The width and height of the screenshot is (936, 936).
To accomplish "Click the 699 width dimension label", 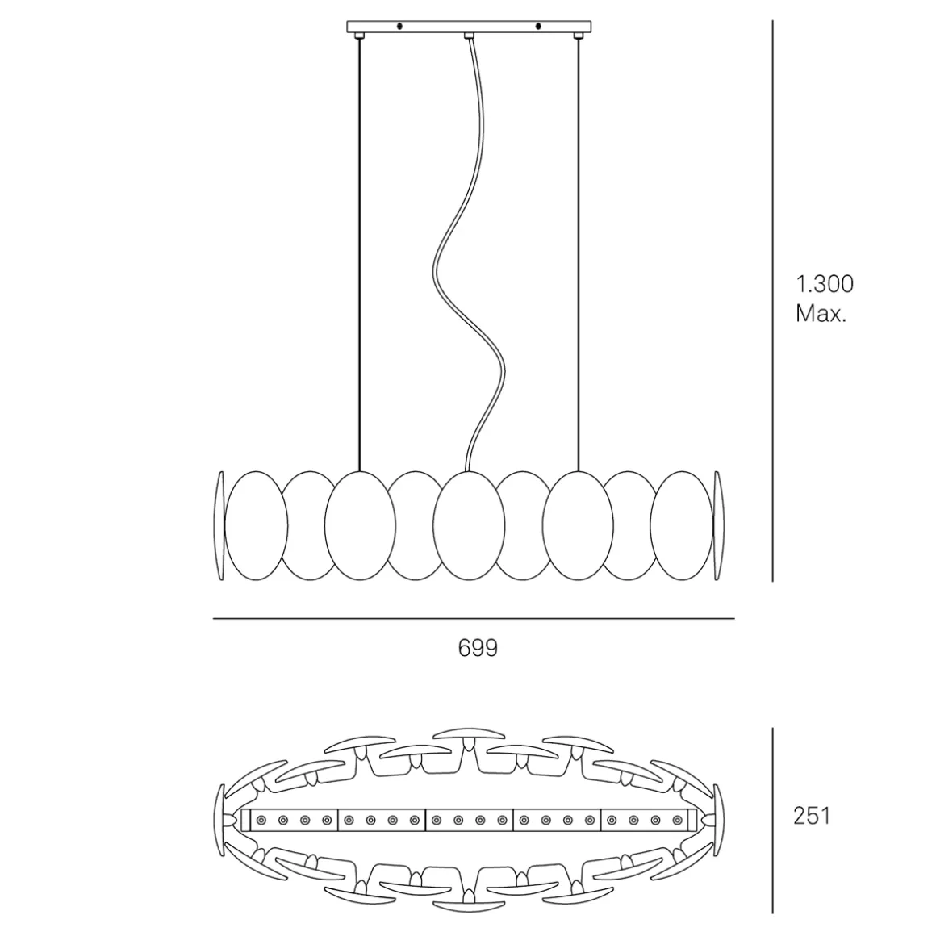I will tap(478, 648).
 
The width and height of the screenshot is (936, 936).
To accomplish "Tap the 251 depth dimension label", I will tap(811, 816).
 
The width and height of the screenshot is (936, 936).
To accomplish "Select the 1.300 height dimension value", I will tap(824, 284).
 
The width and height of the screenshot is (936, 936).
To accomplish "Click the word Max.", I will tap(821, 313).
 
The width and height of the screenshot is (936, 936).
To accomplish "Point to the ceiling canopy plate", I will tap(468, 27).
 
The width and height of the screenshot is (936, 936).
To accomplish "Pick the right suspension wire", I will tap(578, 242).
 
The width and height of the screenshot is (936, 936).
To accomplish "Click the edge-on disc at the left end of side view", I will tap(218, 524).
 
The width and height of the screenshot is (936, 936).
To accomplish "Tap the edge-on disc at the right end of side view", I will tap(719, 524).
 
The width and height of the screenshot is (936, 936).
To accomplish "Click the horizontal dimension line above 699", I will tap(473, 619).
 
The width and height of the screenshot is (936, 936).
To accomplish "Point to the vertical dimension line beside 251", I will tap(773, 819).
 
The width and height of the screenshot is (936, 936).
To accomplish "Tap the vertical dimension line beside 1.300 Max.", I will tap(773, 299).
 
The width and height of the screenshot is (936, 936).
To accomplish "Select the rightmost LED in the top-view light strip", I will tap(676, 821).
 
